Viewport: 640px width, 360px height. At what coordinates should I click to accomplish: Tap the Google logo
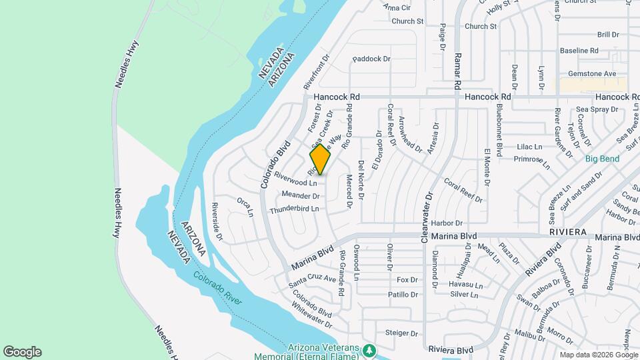click(22, 352)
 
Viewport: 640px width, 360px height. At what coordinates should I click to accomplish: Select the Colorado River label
click(217, 289)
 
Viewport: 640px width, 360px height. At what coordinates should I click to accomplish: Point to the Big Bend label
click(602, 159)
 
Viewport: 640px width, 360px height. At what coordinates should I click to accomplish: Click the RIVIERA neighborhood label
click(568, 231)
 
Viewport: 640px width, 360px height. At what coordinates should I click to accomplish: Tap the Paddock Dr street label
click(371, 59)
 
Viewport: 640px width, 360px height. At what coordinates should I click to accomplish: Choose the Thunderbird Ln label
click(294, 209)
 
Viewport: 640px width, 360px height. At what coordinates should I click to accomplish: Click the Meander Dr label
click(301, 196)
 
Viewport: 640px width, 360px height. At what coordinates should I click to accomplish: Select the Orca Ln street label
click(245, 207)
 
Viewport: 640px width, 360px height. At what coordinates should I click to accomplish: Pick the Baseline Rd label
click(579, 50)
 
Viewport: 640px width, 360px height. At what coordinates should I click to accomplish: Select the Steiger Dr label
click(401, 333)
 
